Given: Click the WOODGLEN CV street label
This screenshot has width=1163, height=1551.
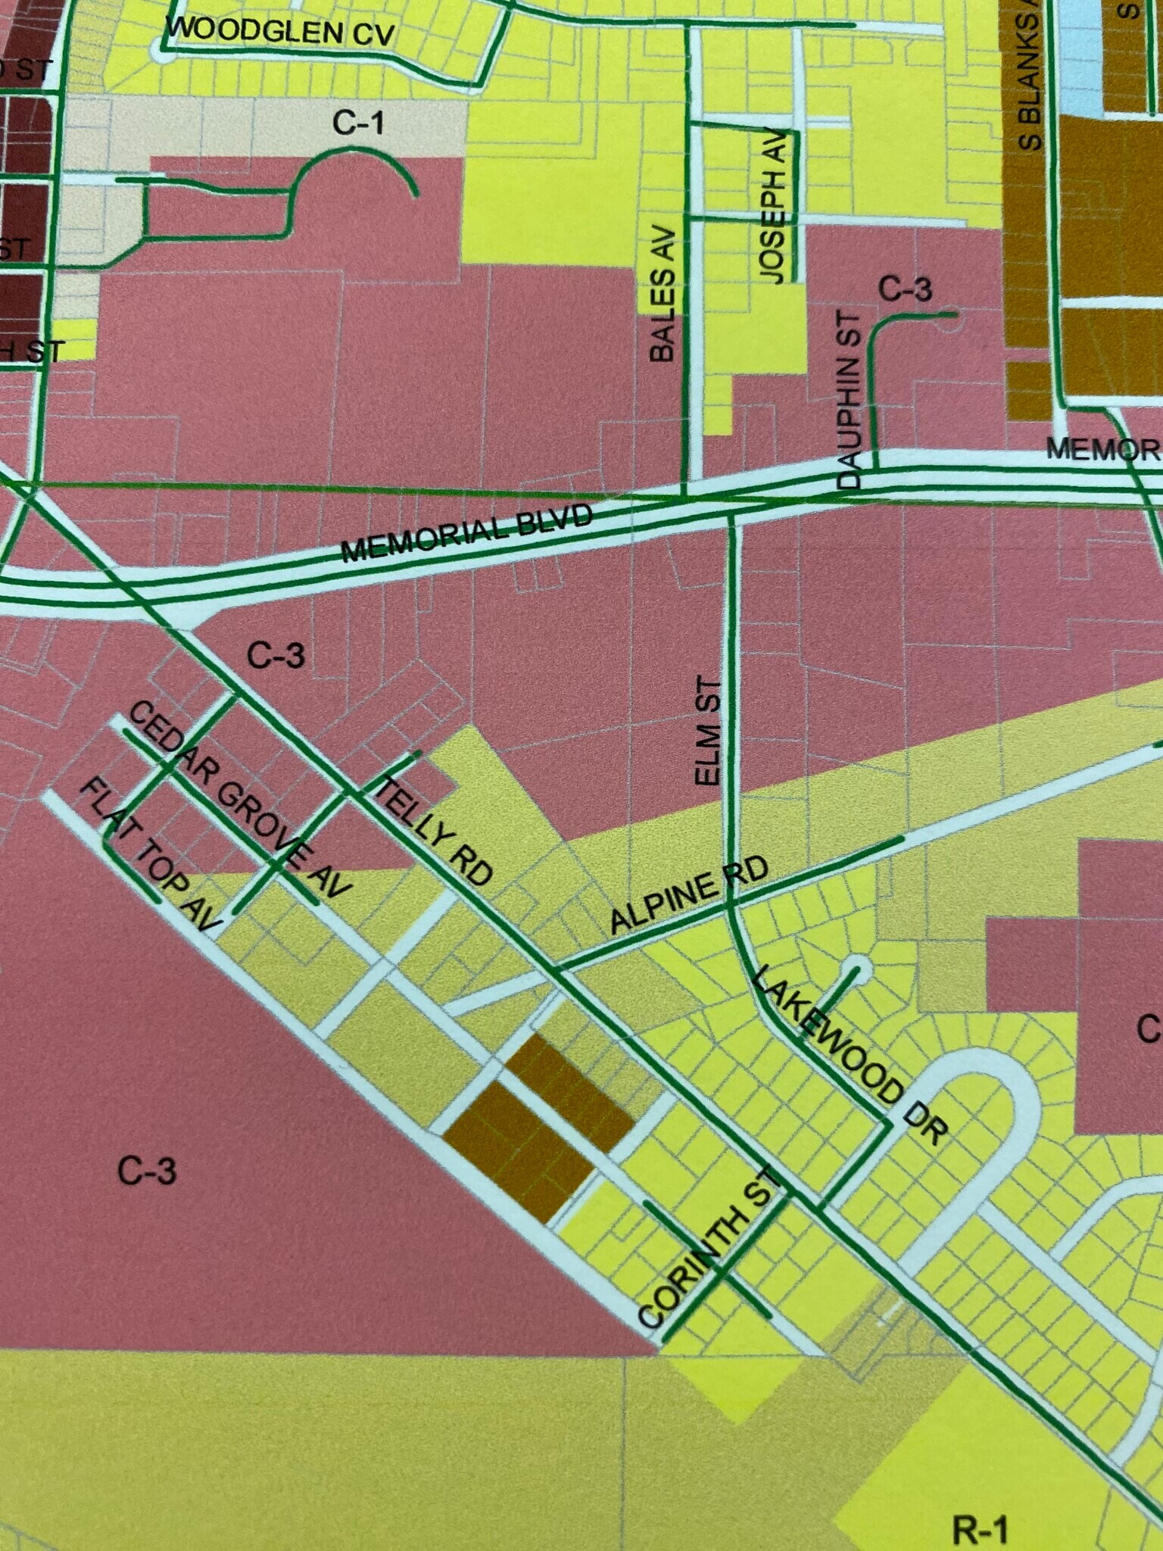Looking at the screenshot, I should coord(279,31).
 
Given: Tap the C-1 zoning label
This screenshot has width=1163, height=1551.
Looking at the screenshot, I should coord(358,123).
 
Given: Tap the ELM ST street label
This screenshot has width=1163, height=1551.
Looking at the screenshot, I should coord(707,732).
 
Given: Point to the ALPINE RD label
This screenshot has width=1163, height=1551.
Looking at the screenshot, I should coord(688,893).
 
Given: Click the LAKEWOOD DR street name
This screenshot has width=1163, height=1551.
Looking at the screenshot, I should coord(851,1052).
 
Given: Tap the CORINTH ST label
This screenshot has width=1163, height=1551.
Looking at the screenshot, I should coord(709,1249).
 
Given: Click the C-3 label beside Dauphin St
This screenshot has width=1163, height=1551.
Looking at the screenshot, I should coord(905,289).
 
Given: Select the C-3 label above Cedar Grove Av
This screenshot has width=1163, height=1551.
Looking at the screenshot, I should coord(276,656).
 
